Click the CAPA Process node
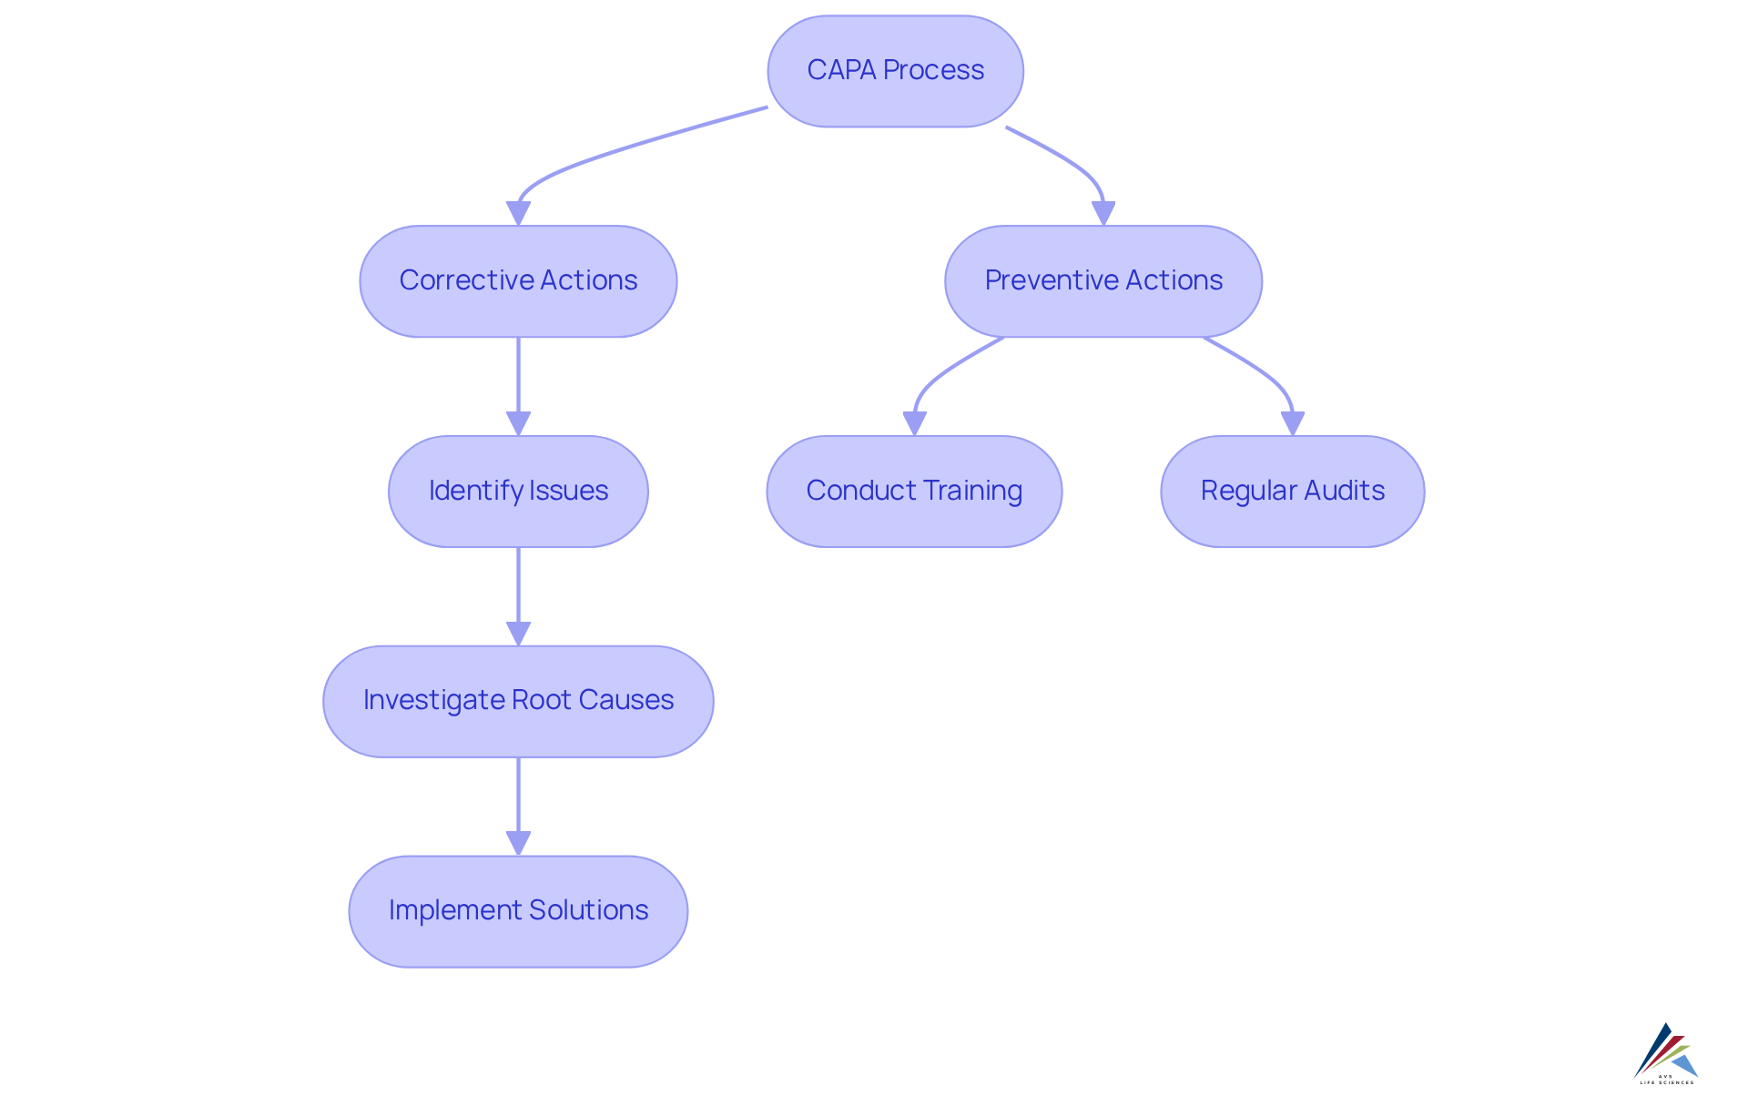[895, 71]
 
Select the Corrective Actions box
[518, 280]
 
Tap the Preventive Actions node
[1103, 280]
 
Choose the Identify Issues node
[518, 491]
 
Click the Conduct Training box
[914, 491]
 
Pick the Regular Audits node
[1292, 491]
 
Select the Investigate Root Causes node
[518, 701]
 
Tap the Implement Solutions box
[518, 910]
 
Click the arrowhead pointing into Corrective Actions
[518, 214]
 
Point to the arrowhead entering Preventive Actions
[1103, 214]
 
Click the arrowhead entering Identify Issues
[518, 424]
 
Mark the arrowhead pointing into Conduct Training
[914, 424]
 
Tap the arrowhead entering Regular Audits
[1292, 424]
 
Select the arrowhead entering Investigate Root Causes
[518, 634]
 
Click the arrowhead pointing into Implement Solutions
[518, 844]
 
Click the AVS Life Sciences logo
[1666, 1053]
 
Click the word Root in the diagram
[542, 700]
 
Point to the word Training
[973, 491]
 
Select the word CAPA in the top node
[841, 70]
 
